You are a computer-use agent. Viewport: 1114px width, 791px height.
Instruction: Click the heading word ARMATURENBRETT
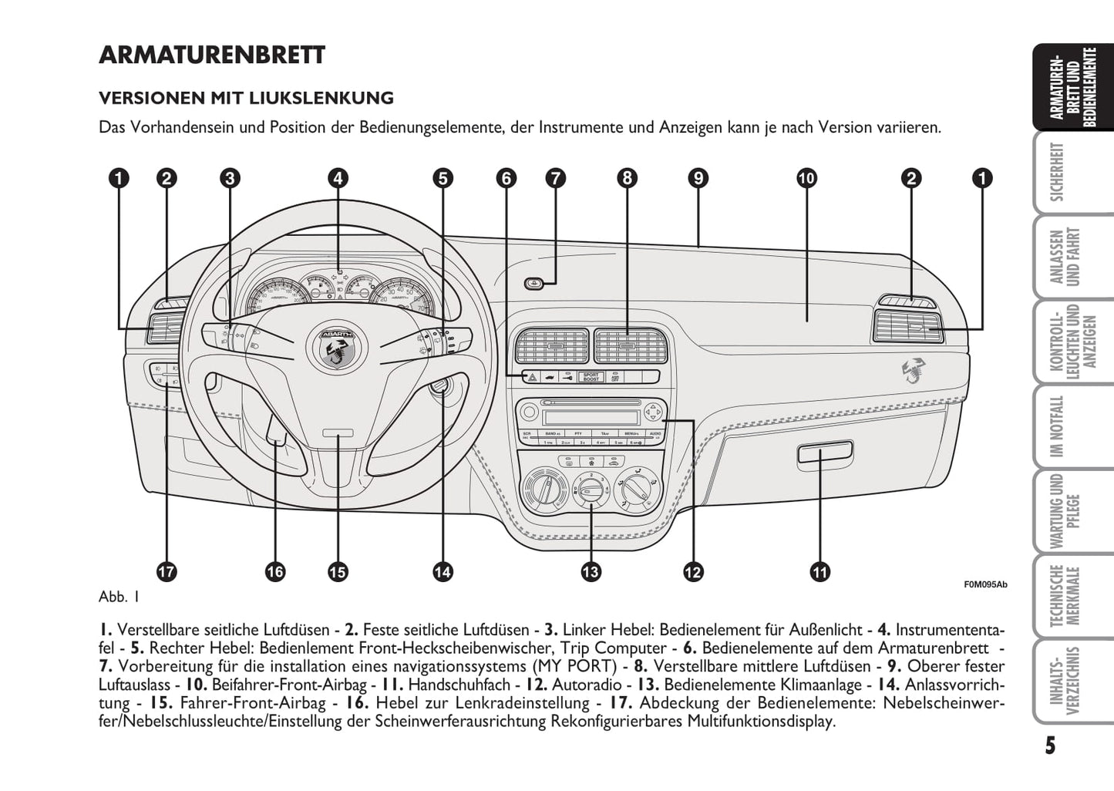click(x=212, y=56)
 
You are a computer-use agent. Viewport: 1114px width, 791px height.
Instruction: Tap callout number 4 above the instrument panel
click(x=338, y=178)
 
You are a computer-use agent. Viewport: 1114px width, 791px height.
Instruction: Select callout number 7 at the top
click(x=555, y=178)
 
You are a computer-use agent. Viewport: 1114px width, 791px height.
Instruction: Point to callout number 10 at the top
click(x=806, y=178)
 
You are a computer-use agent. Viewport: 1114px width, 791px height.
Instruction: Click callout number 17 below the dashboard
click(x=167, y=571)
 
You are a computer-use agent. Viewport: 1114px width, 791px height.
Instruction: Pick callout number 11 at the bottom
click(x=820, y=571)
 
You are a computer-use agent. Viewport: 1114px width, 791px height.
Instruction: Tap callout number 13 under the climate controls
click(x=591, y=571)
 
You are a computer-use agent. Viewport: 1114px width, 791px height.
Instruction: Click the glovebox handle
click(x=824, y=453)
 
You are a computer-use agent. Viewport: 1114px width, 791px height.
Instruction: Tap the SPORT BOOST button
click(x=591, y=377)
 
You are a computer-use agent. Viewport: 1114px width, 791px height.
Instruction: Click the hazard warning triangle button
click(x=532, y=377)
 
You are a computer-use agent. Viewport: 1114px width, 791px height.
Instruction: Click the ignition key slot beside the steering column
click(x=440, y=388)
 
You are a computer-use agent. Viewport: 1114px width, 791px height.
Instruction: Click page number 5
click(x=1050, y=746)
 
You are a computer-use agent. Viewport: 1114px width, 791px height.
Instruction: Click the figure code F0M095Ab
click(x=985, y=584)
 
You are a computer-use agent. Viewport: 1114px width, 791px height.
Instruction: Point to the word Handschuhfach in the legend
click(x=459, y=685)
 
